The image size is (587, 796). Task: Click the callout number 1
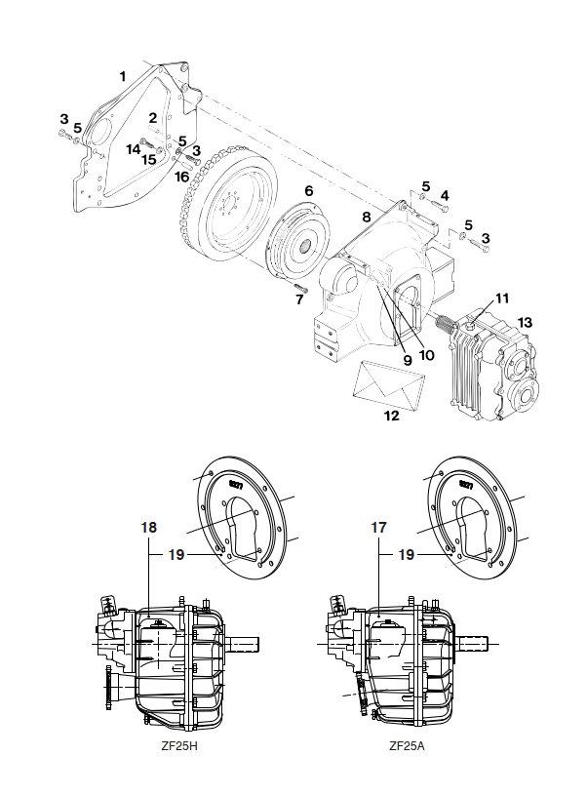(122, 77)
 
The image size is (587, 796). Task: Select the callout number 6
(308, 191)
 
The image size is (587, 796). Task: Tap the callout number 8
(367, 218)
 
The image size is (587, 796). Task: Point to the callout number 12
(392, 416)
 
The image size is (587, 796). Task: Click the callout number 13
(526, 322)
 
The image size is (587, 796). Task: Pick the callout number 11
(502, 298)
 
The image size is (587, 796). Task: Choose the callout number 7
(299, 299)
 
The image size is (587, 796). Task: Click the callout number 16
(181, 177)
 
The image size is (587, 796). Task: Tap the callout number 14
(134, 149)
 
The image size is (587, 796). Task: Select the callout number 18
(148, 528)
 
